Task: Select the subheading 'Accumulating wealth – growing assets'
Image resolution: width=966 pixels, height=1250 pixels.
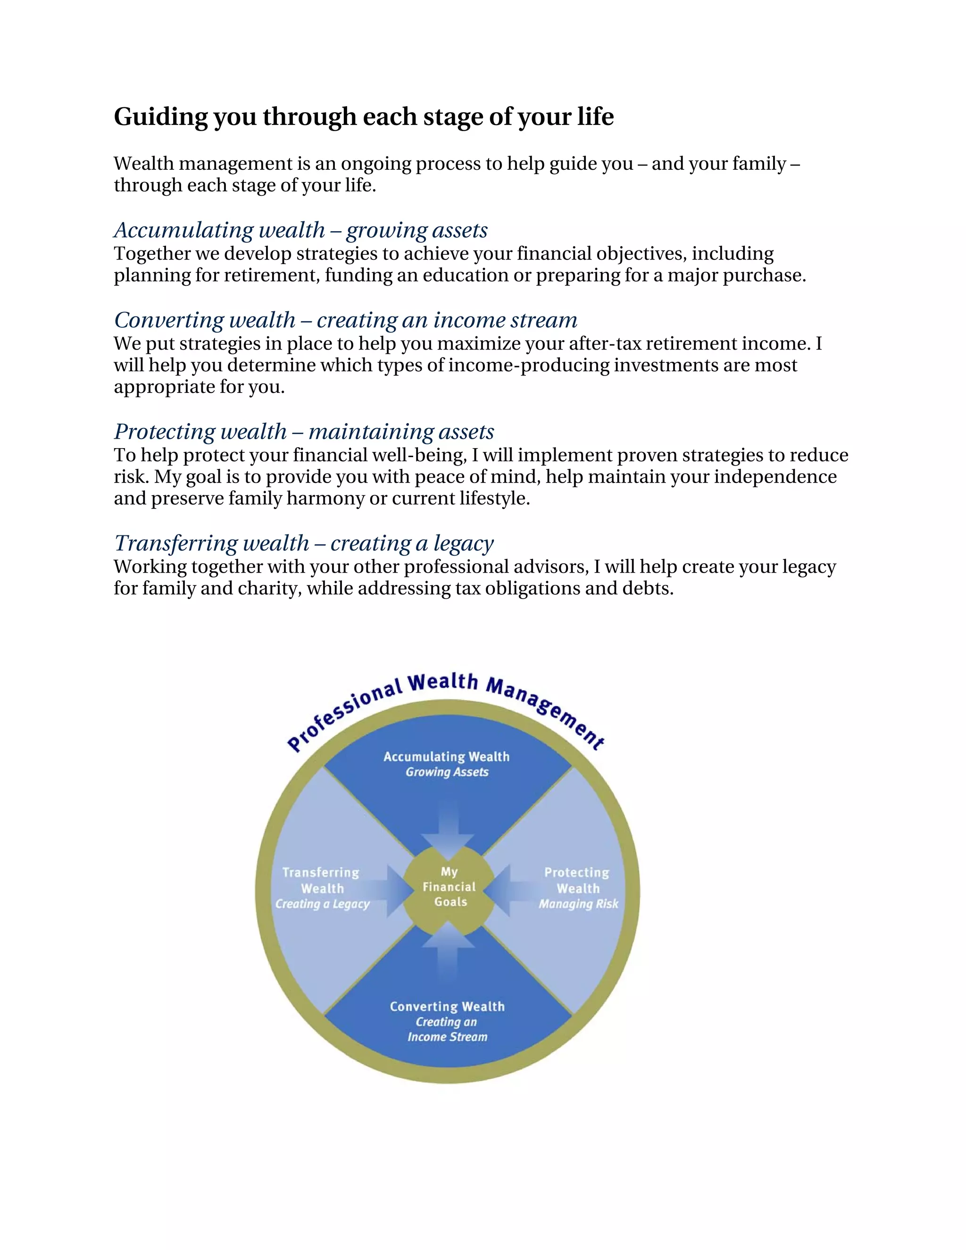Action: click(300, 230)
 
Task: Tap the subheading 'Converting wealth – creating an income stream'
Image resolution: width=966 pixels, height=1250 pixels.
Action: click(346, 320)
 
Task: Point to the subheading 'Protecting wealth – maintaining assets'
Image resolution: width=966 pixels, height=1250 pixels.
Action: click(304, 432)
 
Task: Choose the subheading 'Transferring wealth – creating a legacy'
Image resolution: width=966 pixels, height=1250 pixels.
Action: click(303, 543)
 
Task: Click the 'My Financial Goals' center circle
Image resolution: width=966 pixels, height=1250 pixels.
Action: click(449, 887)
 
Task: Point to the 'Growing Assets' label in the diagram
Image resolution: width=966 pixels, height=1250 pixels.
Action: click(447, 772)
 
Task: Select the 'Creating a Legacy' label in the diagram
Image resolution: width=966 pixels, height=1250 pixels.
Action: click(322, 904)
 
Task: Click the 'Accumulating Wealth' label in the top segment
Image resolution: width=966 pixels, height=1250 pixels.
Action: click(446, 757)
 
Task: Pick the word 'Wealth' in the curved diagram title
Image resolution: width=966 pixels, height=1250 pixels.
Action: click(442, 682)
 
